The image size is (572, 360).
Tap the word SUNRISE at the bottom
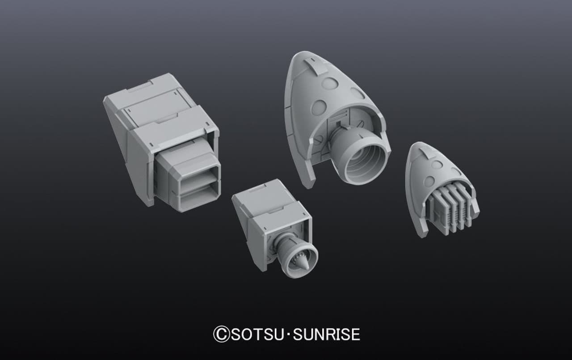[x=326, y=334]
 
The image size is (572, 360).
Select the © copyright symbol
[x=221, y=335]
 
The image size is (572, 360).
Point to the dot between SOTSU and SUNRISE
[x=288, y=335]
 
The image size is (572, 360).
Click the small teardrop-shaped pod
[x=438, y=188]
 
